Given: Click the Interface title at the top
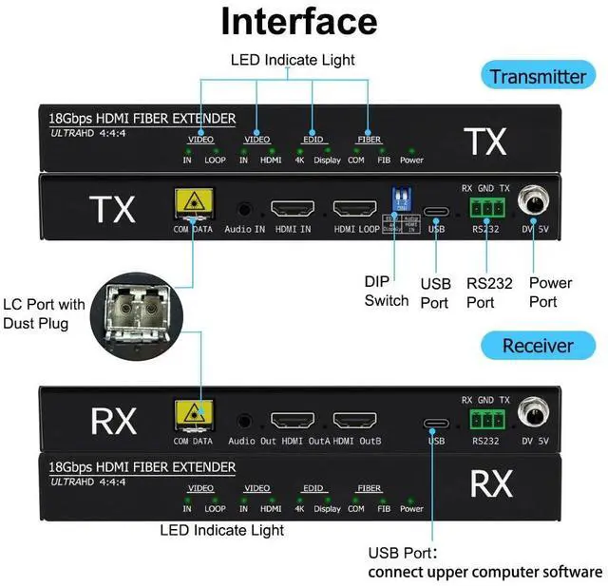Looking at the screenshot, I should (x=298, y=21).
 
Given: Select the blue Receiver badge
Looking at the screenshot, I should (x=538, y=346).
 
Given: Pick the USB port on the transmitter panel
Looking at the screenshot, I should (x=436, y=212).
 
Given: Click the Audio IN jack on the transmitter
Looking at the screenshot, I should (x=245, y=209).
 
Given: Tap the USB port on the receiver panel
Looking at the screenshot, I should (x=436, y=424).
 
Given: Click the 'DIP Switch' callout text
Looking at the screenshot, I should (x=387, y=292).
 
